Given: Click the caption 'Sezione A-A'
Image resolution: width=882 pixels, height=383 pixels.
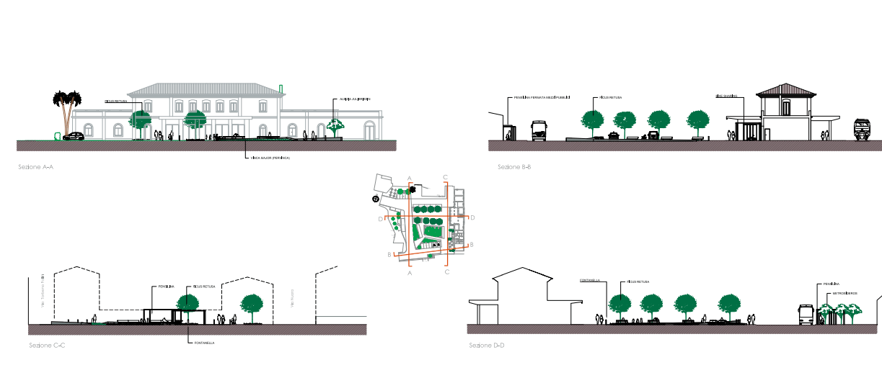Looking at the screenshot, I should [36, 167].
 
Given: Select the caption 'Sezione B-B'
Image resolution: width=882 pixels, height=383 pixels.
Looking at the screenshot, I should [514, 167].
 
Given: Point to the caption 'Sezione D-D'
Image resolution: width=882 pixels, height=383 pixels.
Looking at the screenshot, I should [487, 346].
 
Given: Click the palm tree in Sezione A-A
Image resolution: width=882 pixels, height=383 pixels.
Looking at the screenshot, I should [67, 108].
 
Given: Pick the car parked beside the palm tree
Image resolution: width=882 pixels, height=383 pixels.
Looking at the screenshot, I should [74, 135].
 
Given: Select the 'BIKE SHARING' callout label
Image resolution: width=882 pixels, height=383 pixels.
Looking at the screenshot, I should [725, 96].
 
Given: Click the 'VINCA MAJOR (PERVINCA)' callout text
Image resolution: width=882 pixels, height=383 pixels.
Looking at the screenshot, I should [270, 157].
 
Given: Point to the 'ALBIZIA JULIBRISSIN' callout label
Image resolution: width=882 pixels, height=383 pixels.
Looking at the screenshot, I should [356, 99].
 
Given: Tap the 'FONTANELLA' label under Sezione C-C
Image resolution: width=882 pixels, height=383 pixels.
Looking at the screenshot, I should [204, 343].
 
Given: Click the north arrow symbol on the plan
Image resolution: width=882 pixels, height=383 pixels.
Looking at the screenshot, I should [376, 199].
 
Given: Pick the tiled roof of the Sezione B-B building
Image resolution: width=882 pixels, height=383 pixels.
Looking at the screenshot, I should [785, 89].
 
